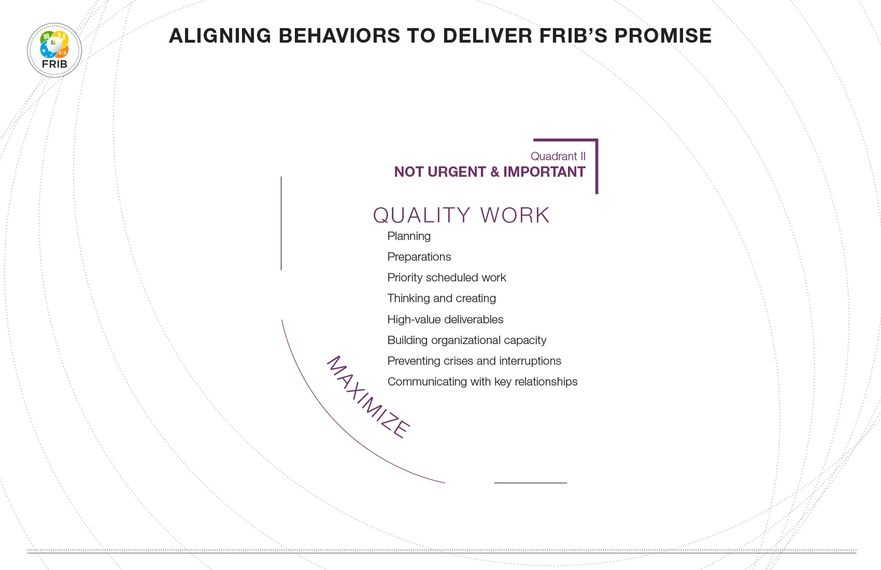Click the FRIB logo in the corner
click(55, 50)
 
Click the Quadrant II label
click(557, 156)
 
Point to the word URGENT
click(456, 172)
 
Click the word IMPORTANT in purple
click(544, 172)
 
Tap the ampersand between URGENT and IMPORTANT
click(495, 172)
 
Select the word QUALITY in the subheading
click(422, 215)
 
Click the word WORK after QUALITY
click(515, 215)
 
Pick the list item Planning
click(409, 236)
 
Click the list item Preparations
click(419, 257)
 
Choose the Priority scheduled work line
click(446, 278)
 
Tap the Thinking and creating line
click(441, 298)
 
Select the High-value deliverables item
click(445, 319)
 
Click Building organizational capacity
click(466, 340)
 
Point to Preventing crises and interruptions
click(474, 361)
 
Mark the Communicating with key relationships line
click(482, 382)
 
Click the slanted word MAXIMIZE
click(368, 397)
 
